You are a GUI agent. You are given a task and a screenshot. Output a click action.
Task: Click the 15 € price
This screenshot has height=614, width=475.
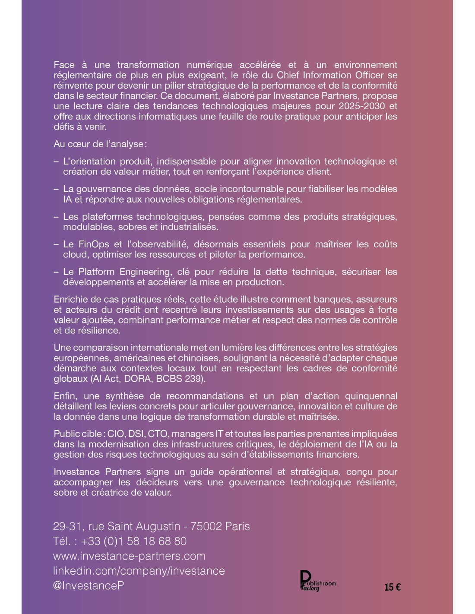(392, 587)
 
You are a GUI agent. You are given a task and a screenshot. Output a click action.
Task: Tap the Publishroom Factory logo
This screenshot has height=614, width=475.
(317, 581)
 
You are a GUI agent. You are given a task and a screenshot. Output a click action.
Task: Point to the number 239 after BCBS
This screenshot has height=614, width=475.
(194, 379)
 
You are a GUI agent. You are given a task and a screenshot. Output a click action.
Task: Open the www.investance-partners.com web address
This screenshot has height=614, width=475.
(129, 556)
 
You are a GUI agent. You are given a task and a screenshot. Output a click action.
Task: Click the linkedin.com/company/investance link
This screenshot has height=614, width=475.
(139, 570)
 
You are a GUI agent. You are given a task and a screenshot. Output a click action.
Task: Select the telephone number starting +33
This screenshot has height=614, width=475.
(133, 541)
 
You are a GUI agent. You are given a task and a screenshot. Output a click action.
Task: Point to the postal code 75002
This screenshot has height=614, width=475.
(206, 526)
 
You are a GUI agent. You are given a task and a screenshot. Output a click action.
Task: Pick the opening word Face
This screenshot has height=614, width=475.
(64, 65)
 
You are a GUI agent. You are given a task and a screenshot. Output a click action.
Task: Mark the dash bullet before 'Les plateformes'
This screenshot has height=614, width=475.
(56, 217)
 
